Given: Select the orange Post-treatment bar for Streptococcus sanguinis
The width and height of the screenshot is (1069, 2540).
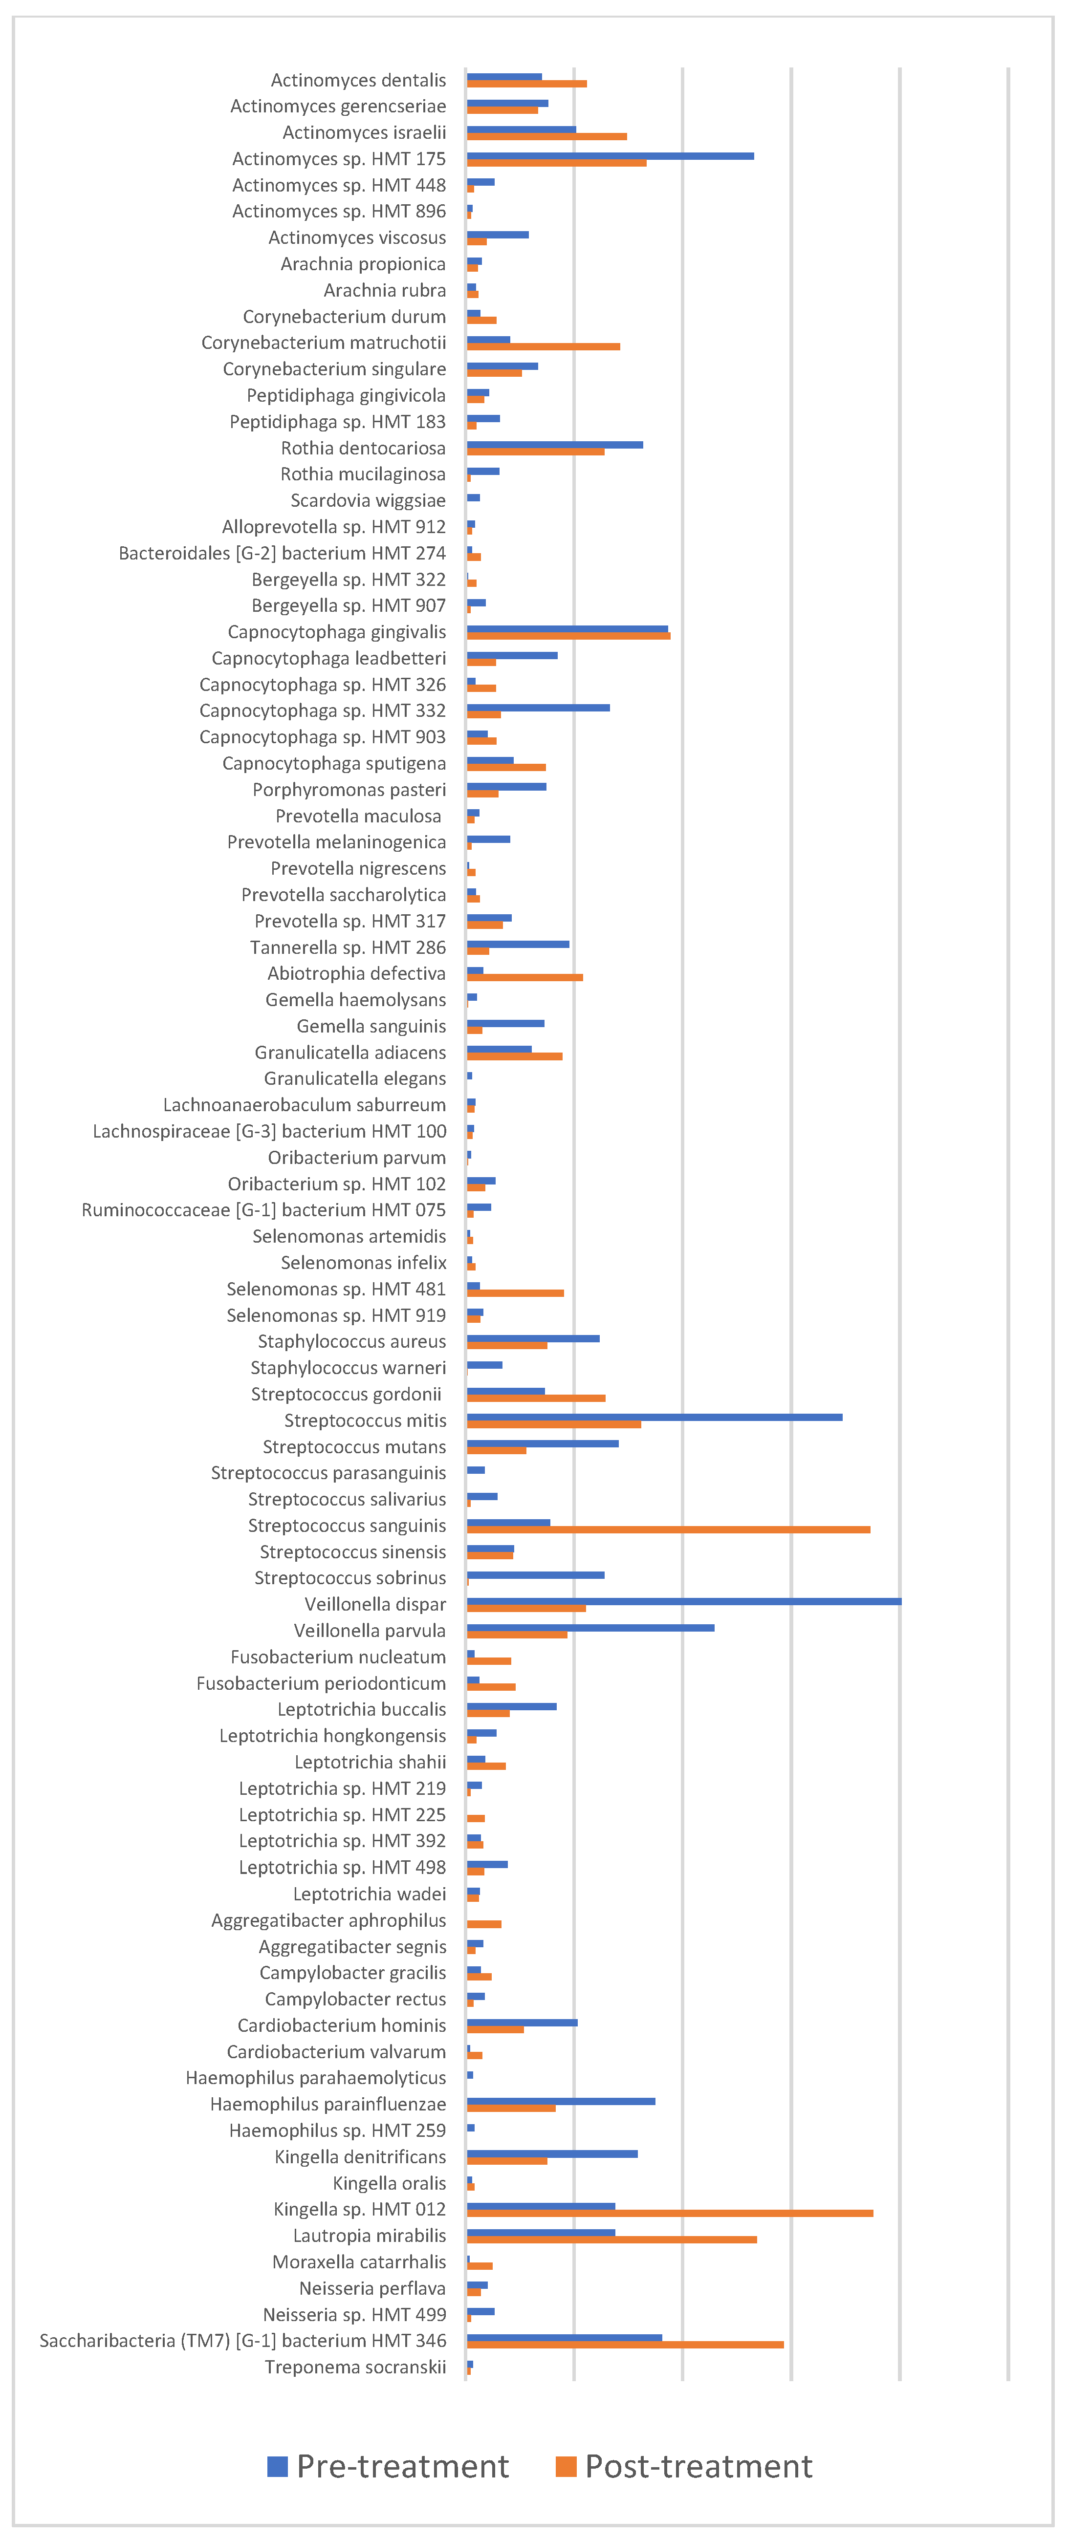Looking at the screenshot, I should click(668, 1529).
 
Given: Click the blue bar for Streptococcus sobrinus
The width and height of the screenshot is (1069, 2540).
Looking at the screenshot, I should click(536, 1575).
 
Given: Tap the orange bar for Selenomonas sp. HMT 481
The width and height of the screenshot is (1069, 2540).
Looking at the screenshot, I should click(515, 1292).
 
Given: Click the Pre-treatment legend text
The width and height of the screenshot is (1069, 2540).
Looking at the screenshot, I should click(402, 2466).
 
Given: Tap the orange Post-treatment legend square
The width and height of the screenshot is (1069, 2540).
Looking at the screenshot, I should click(565, 2466).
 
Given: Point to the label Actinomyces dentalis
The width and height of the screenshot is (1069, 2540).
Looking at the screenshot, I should click(358, 80).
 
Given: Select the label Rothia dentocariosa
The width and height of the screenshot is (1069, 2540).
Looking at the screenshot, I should click(363, 448).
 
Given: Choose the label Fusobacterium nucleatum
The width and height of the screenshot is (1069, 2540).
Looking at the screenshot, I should click(338, 1657).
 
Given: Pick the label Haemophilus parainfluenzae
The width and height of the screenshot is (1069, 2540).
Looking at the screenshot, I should click(327, 2104).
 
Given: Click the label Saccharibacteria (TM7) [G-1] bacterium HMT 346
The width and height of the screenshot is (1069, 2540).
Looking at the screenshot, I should click(242, 2341).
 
